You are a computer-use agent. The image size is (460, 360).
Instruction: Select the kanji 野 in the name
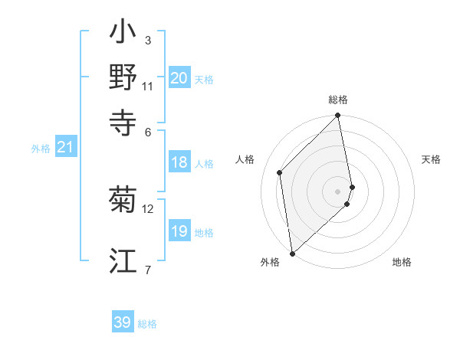click(123, 77)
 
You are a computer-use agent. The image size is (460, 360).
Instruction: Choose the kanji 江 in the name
click(123, 261)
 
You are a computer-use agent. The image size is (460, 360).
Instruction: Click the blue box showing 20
click(179, 78)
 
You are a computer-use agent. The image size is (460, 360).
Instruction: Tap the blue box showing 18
click(179, 162)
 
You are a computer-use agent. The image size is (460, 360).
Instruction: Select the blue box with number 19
click(179, 231)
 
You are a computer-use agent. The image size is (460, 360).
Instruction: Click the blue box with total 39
click(123, 322)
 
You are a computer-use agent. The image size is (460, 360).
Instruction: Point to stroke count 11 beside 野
click(148, 86)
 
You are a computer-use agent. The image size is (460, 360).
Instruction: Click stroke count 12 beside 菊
click(148, 208)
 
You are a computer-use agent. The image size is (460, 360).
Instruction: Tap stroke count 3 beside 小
click(148, 40)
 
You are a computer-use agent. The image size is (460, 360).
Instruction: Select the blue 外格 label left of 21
click(41, 149)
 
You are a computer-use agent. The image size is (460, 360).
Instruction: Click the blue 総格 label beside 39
click(147, 324)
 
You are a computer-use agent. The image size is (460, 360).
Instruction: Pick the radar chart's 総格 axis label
click(338, 100)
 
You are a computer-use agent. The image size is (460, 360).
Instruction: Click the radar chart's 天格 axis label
click(431, 159)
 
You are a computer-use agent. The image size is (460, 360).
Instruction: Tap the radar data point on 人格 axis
click(280, 172)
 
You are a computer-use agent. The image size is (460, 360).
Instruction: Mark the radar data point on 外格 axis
click(292, 253)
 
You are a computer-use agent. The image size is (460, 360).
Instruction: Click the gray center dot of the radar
click(338, 191)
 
